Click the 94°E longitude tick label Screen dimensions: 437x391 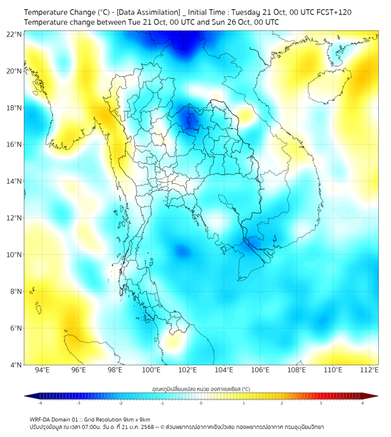pos(42,370)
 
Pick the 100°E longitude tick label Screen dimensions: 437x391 pos(152,370)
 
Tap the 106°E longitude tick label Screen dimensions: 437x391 pos(261,370)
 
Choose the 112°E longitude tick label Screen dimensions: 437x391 pos(370,370)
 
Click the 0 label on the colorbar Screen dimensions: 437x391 pos(201,403)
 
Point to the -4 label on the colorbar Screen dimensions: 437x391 pos(40,403)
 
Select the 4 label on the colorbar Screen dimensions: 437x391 pos(362,403)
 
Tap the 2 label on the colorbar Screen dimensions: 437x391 pos(282,403)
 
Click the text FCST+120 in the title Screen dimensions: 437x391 pos(330,12)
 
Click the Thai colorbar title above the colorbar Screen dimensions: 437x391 pos(201,388)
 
